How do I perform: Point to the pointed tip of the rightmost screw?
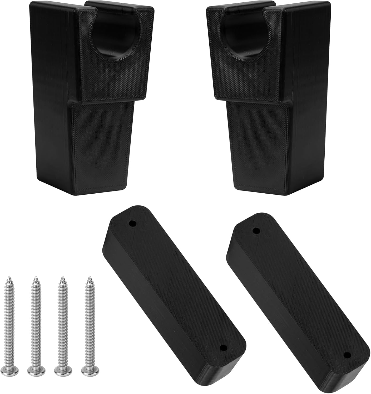tap(89, 277)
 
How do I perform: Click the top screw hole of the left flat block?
tap(132, 224)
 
